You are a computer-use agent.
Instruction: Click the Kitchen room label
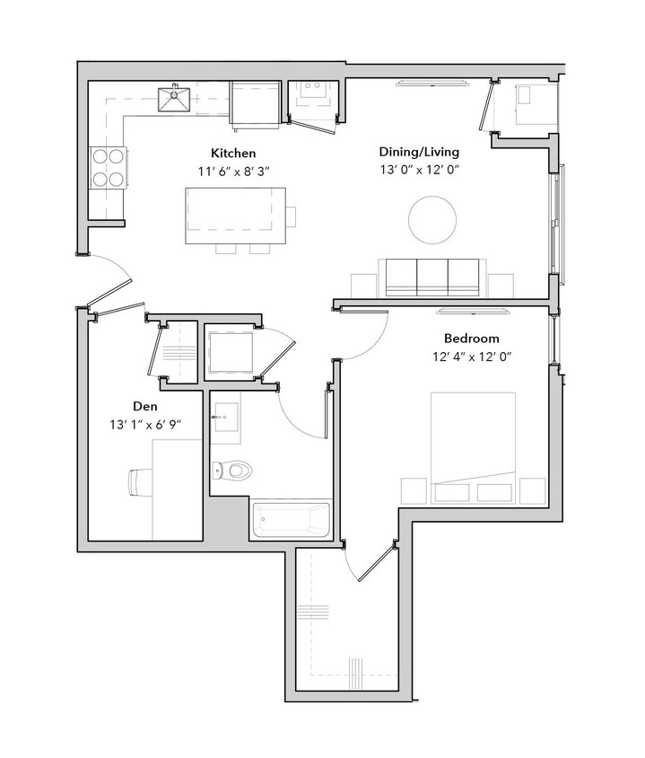point(233,153)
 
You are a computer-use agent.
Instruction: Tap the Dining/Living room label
point(419,151)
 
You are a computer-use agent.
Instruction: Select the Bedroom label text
point(471,339)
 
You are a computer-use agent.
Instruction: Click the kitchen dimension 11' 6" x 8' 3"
point(233,170)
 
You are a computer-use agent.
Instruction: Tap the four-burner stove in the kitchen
point(109,166)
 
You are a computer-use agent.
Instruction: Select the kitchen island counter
point(235,216)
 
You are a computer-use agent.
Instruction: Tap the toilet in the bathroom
point(233,469)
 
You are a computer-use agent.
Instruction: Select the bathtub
point(292,520)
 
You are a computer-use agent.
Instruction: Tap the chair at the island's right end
point(291,216)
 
